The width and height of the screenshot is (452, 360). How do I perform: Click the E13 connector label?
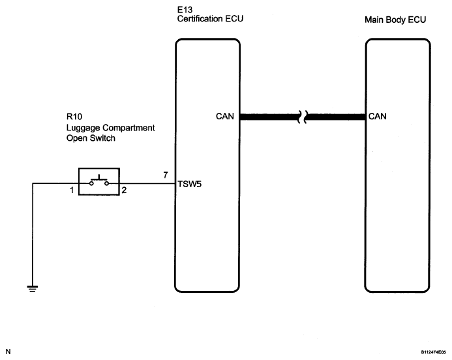pos(185,10)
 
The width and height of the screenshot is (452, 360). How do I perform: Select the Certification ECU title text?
pos(210,19)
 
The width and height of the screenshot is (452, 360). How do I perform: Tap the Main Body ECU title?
pos(395,20)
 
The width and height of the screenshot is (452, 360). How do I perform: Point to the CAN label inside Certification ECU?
pos(225,116)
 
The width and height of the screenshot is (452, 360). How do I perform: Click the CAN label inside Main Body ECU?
pos(378,116)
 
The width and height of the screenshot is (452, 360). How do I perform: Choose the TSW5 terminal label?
pos(189,184)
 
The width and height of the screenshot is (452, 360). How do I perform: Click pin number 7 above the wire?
pos(166,175)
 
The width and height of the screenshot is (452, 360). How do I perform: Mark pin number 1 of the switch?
pos(72,190)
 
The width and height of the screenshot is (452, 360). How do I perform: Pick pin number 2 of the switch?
pos(124,190)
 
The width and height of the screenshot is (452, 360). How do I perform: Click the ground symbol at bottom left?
pos(33,288)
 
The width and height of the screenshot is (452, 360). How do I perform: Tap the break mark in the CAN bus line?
pos(303,117)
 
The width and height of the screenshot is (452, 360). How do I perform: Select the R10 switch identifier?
pos(74,117)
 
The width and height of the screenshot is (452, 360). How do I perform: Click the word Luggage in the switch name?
pos(83,128)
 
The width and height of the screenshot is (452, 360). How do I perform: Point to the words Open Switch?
pos(91,138)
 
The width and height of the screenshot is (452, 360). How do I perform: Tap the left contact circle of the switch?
pos(91,183)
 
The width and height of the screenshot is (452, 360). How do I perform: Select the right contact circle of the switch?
pos(107,183)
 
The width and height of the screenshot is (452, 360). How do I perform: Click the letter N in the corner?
pos(8,352)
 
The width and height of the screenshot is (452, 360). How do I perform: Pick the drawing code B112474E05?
pos(433,352)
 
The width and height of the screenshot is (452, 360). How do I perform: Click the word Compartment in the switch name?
pos(128,128)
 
